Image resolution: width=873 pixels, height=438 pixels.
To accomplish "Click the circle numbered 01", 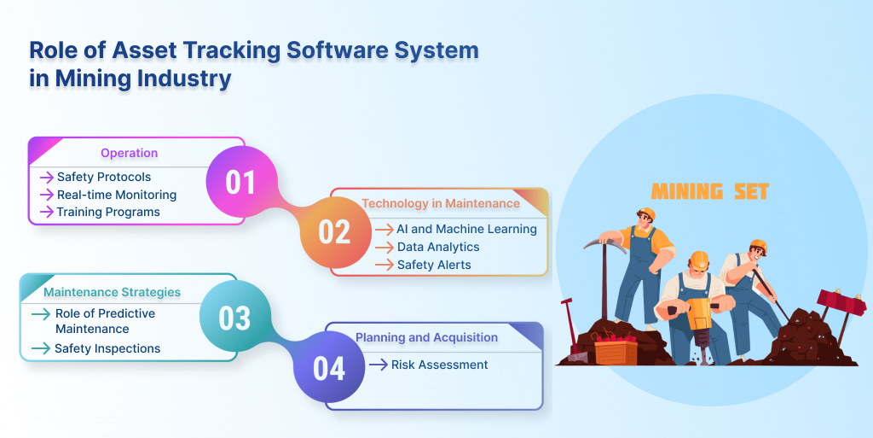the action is click(x=241, y=182).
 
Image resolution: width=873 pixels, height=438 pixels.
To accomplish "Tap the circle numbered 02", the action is click(x=335, y=232).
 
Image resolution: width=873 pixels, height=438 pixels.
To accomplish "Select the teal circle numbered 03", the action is click(x=235, y=317).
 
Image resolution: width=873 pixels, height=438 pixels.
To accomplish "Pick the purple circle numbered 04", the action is click(x=329, y=367).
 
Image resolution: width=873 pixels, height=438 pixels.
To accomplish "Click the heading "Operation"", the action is click(x=130, y=153).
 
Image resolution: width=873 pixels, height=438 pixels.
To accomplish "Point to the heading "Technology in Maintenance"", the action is click(x=441, y=203).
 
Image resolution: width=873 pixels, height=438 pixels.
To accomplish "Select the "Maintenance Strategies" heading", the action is click(x=112, y=292).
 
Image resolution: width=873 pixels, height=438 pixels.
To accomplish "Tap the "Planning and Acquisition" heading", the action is click(x=426, y=337).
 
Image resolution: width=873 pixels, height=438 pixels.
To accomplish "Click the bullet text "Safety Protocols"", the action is click(x=104, y=178).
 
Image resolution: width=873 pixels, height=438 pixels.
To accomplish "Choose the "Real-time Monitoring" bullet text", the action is click(x=117, y=195).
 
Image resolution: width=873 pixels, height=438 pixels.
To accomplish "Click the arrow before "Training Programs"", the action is click(x=47, y=213).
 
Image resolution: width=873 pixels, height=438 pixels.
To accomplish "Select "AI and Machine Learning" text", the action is click(x=466, y=229).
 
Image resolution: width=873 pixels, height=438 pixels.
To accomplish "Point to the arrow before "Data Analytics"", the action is click(x=384, y=248).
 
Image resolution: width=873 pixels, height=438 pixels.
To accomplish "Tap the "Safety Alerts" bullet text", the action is click(x=434, y=265).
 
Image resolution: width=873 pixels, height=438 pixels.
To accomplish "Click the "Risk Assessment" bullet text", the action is click(x=439, y=365).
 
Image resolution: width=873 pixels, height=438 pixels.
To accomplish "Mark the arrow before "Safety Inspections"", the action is click(x=41, y=349).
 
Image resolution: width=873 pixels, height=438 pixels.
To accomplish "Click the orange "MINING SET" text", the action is click(x=710, y=192).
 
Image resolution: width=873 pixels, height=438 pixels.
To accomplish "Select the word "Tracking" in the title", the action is click(x=232, y=50).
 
